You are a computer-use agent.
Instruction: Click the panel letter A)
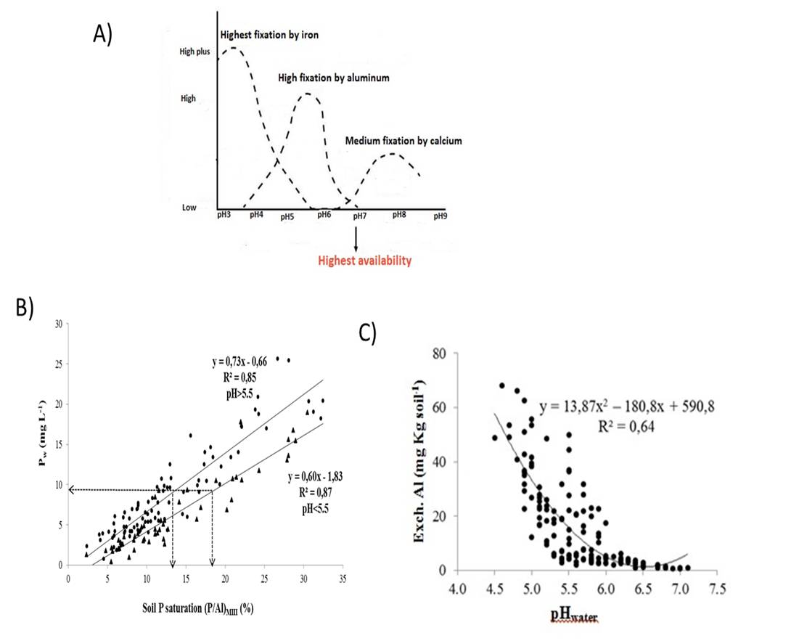pos(103,34)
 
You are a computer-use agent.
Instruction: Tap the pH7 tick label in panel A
pos(360,216)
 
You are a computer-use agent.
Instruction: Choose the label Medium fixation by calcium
pos(403,140)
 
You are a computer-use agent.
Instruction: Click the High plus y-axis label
pos(194,52)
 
